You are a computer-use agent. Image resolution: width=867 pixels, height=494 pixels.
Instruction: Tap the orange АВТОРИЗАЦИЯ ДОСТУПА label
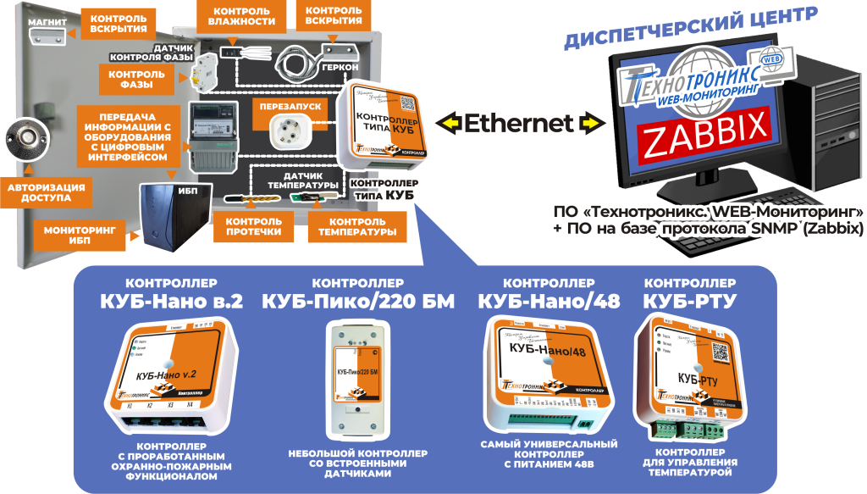pos(47,192)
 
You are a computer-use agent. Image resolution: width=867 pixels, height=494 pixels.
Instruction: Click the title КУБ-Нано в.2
pos(171,300)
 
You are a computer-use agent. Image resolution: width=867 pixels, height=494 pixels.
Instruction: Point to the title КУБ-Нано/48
pos(549,300)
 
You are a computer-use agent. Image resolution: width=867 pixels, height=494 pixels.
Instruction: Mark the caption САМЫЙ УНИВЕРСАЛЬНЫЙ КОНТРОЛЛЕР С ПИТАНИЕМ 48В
pos(549,454)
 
